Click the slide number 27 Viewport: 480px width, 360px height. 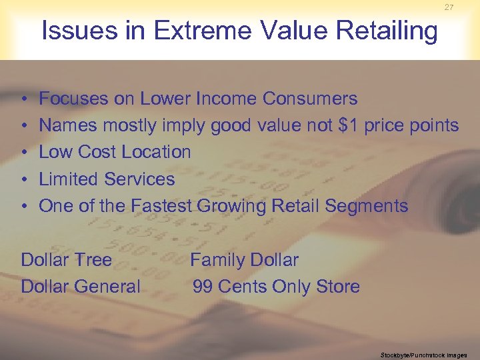(449, 7)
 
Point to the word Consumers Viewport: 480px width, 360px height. (310, 99)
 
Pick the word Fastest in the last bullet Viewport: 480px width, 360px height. (162, 206)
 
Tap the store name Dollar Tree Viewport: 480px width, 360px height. (67, 260)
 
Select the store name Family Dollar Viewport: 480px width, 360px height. (245, 260)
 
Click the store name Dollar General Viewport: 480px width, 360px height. (81, 287)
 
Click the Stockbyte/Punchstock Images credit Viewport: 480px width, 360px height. (424, 355)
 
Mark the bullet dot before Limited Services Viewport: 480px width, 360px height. (24, 179)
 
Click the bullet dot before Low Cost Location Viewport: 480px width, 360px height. (24, 153)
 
